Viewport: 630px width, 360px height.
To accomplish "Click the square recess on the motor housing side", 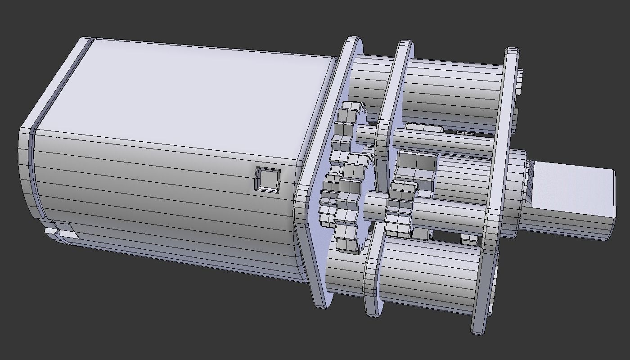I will (x=268, y=179).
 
